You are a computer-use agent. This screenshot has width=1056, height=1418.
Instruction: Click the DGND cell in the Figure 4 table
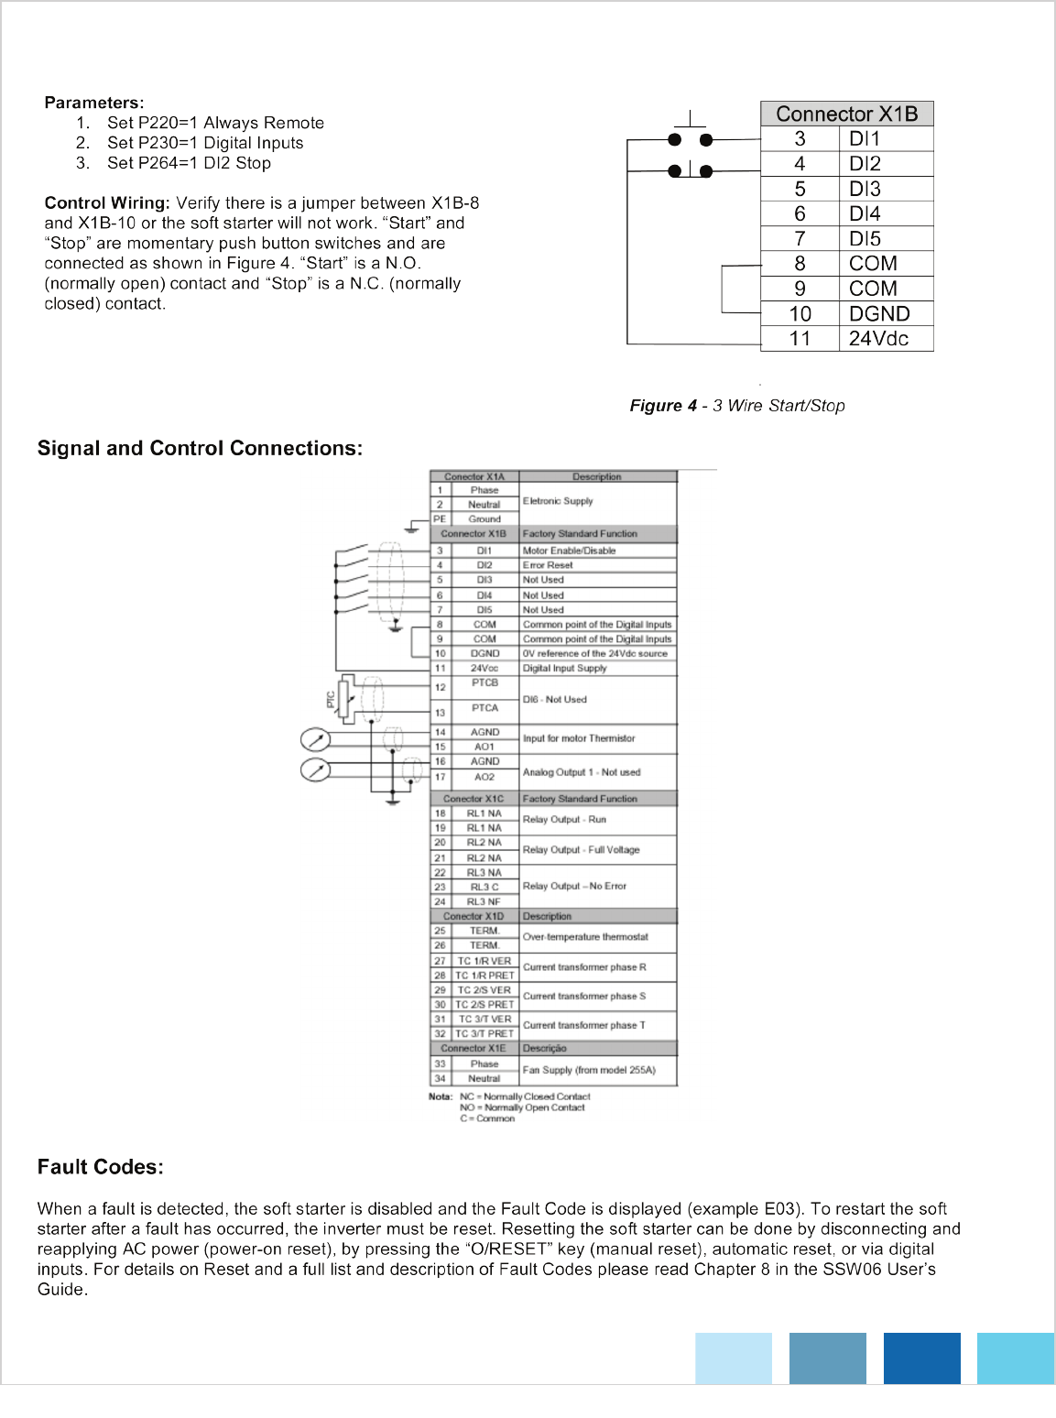click(878, 314)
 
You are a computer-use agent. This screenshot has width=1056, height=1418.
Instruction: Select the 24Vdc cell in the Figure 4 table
click(878, 339)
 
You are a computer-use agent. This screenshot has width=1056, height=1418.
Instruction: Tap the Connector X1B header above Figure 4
click(846, 114)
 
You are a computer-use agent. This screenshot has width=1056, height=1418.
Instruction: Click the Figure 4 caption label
click(736, 406)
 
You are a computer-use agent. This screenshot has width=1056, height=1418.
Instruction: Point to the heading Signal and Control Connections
click(200, 448)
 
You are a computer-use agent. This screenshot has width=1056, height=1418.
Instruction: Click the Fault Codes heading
click(101, 1167)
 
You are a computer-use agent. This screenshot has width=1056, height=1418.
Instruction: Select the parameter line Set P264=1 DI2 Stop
click(189, 163)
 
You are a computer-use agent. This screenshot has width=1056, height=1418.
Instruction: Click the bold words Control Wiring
click(107, 203)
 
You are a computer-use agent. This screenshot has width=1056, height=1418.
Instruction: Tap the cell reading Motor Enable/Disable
click(569, 551)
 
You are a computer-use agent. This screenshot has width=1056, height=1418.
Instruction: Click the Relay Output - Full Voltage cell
click(581, 850)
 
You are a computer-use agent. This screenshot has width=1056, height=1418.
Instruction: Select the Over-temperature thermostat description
click(585, 937)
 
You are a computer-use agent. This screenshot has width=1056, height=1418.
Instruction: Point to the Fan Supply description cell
click(589, 1070)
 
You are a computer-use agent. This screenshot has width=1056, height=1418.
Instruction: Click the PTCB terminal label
click(484, 683)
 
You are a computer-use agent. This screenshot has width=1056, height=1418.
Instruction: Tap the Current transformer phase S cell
click(584, 996)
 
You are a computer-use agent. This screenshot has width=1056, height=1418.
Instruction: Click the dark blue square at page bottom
click(921, 1358)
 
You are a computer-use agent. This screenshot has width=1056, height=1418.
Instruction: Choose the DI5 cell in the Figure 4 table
click(865, 239)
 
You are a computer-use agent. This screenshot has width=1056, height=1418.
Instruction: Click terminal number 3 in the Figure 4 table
click(800, 139)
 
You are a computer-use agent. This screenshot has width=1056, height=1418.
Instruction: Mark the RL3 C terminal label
click(484, 887)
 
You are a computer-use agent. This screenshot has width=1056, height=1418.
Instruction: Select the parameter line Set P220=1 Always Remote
click(215, 123)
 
